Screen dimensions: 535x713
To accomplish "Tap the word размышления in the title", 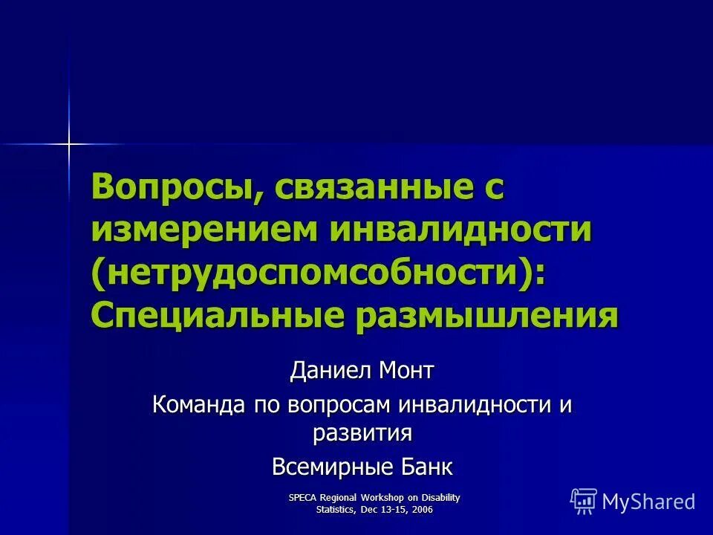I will (x=487, y=315).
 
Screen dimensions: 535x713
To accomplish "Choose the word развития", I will (x=362, y=432).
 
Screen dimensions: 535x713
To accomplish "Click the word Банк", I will (x=426, y=467).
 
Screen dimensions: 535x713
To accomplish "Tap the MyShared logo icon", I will (x=584, y=501).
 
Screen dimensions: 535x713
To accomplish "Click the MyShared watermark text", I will (x=648, y=502).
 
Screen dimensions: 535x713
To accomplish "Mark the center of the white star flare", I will (x=69, y=143).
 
